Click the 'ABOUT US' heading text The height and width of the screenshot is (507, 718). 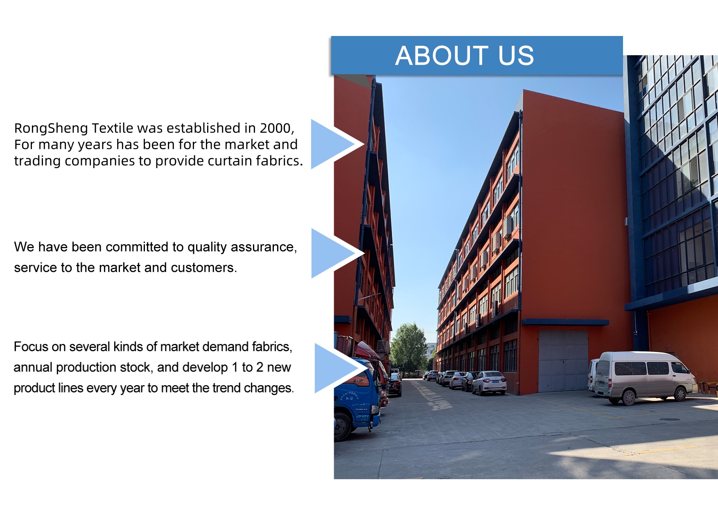(x=465, y=56)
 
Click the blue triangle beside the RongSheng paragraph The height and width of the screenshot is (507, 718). (x=334, y=144)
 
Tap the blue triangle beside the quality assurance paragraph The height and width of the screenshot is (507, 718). (x=334, y=253)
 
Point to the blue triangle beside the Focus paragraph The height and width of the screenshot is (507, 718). (x=338, y=368)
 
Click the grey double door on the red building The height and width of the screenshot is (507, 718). (x=563, y=361)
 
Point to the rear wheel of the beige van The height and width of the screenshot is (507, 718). (x=628, y=397)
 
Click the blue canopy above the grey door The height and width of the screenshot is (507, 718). (x=565, y=322)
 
